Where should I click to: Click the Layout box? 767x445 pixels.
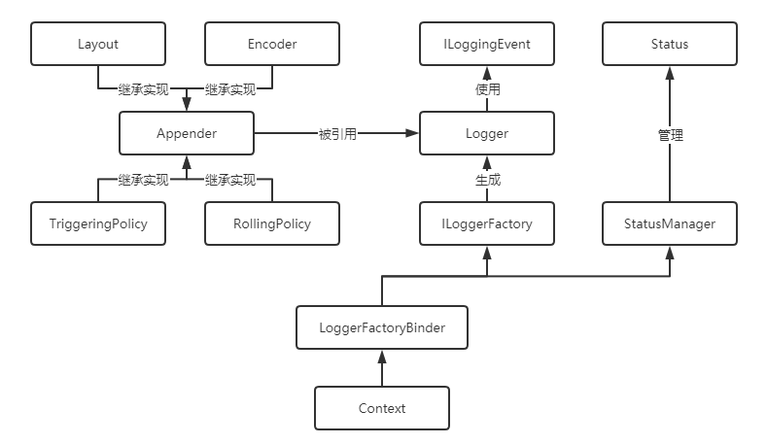pos(98,45)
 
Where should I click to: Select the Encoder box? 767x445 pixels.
pos(272,45)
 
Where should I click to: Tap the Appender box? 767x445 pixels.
pos(186,134)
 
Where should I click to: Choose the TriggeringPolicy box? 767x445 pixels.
pos(98,223)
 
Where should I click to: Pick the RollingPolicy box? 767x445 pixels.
pos(272,223)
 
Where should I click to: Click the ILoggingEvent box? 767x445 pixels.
pos(487,45)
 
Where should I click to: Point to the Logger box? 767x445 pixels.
pos(487,134)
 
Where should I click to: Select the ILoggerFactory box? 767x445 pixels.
pos(487,223)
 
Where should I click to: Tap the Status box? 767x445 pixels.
pos(669,45)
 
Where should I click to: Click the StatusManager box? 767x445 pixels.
pos(669,223)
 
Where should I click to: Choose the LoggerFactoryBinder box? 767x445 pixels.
pos(382,327)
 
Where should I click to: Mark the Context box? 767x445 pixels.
pos(382,408)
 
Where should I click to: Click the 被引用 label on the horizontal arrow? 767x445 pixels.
pos(336,134)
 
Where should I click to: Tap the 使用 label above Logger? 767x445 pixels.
pos(487,89)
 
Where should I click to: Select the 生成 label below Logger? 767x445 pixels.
pos(487,179)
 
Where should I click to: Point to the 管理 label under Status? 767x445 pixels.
pos(670,135)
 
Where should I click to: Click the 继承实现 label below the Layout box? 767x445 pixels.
pos(143,90)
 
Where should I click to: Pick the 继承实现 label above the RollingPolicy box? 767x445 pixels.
pos(229,180)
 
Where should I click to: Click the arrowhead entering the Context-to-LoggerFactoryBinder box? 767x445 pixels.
pos(382,356)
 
